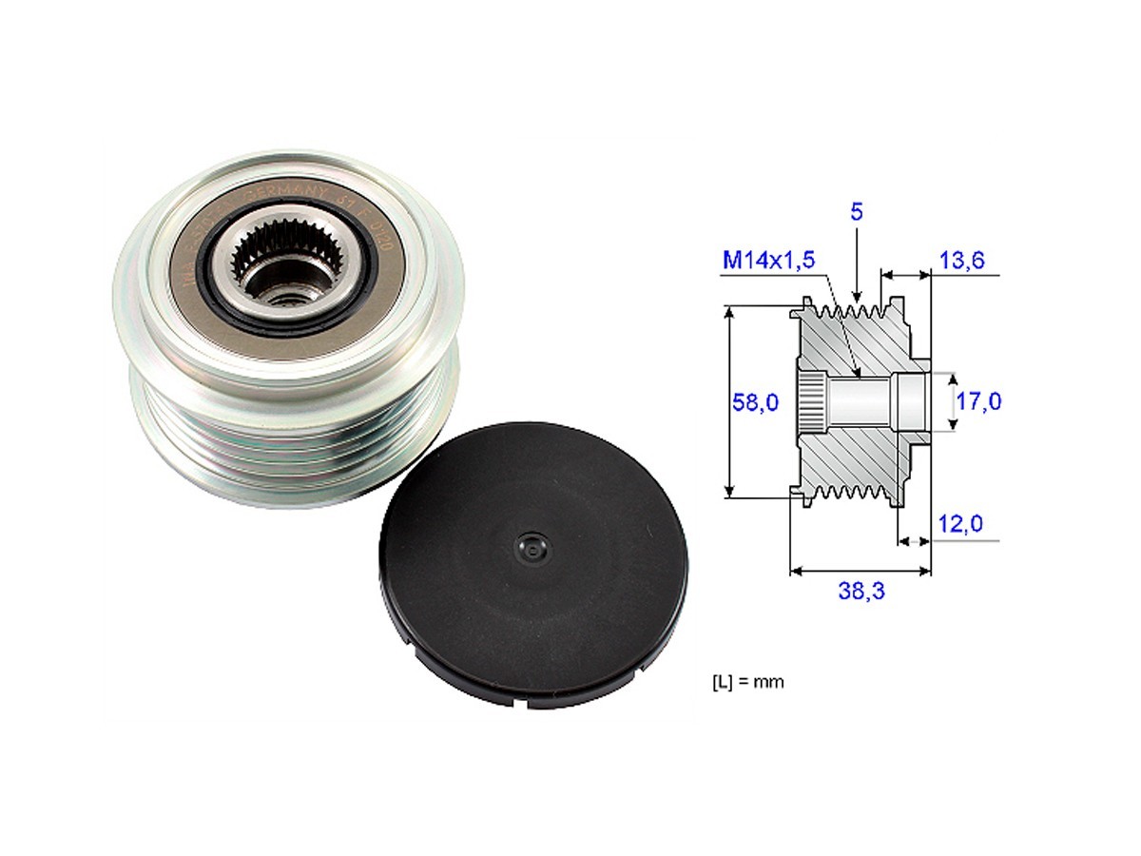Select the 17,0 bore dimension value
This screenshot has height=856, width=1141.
pyautogui.click(x=978, y=401)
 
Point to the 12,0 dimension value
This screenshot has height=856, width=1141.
pyautogui.click(x=960, y=524)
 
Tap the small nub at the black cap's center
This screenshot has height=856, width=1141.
pyautogui.click(x=528, y=547)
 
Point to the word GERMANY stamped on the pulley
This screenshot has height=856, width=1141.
pyautogui.click(x=285, y=190)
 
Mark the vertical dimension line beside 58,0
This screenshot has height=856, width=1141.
pyautogui.click(x=729, y=401)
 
